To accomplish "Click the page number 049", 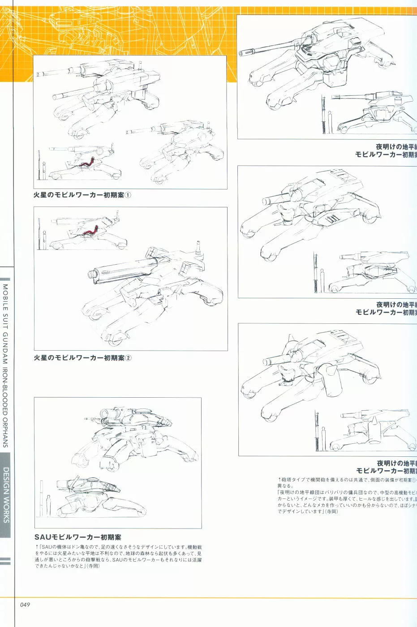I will click(x=25, y=605).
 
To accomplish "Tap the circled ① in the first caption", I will click(x=128, y=195).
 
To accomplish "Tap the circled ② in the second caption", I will click(x=128, y=358).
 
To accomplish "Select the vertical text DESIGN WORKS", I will click(x=6, y=495).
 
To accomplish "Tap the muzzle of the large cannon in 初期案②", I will click(x=94, y=274).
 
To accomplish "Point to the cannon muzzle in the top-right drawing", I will click(x=242, y=54).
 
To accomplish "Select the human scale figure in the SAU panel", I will click(x=48, y=505).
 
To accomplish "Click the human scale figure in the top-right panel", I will click(x=330, y=121).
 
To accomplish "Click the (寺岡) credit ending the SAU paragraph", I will click(x=93, y=566).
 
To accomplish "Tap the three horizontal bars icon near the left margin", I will click(x=5, y=561).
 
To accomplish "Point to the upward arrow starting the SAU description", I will click(x=37, y=547).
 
